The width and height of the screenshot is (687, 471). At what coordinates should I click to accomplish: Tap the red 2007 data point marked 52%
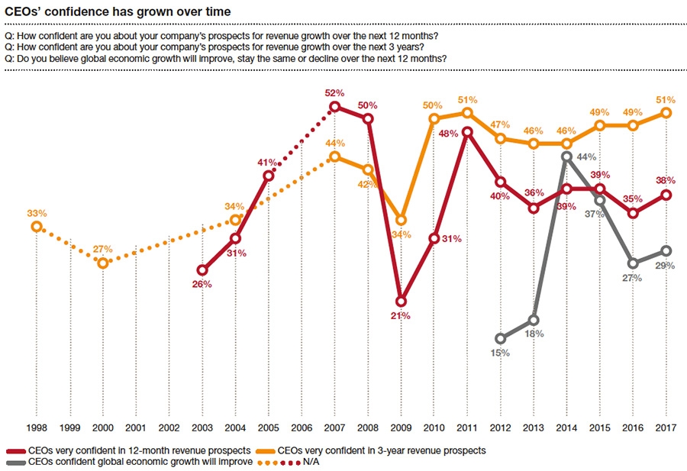[x=334, y=107]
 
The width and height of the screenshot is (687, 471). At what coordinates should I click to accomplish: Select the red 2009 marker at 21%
[x=402, y=301]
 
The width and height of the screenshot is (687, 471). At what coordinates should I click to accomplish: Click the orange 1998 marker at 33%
[x=36, y=226]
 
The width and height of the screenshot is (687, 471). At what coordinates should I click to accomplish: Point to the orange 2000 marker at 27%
[x=103, y=263]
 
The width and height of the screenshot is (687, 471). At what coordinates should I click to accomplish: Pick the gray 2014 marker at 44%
[x=566, y=156]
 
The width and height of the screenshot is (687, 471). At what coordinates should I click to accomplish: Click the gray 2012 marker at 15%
[x=501, y=338]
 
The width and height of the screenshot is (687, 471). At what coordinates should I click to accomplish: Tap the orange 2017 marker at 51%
[x=666, y=113]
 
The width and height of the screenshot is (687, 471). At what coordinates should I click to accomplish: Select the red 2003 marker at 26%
[x=202, y=270]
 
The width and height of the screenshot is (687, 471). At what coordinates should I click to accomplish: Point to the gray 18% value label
[x=534, y=334]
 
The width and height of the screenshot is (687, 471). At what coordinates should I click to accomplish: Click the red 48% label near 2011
[x=448, y=134]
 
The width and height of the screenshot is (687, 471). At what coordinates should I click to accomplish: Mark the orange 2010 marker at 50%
[x=434, y=118]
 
